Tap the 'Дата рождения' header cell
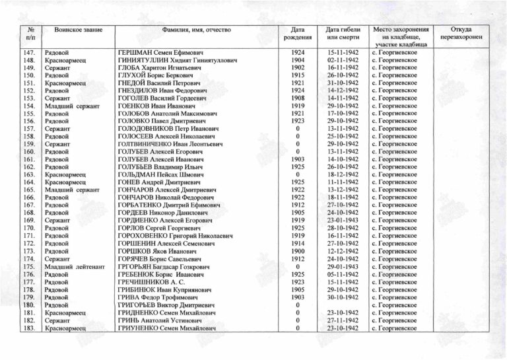[298, 34]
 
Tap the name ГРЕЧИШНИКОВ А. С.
[154, 281]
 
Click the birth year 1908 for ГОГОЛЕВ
[298, 98]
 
